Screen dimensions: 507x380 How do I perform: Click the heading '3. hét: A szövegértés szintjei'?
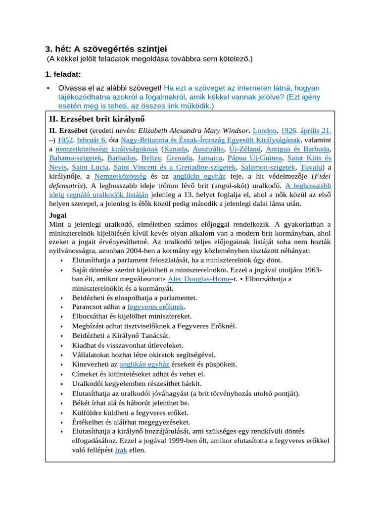point(106,49)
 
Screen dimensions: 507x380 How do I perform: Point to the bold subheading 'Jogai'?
point(58,215)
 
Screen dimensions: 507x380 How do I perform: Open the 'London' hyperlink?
point(265,131)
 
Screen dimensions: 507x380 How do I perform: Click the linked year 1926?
point(288,131)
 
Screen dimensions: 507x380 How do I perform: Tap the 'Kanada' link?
point(176,149)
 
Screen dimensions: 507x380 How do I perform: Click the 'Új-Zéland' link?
point(244,149)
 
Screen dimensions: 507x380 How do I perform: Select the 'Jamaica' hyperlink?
point(209,158)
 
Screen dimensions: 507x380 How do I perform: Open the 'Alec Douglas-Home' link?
point(199,279)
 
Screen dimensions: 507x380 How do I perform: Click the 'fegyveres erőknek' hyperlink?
point(155,307)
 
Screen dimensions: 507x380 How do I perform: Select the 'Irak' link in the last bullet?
point(121,451)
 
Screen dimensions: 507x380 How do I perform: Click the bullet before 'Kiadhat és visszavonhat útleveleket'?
point(61,346)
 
